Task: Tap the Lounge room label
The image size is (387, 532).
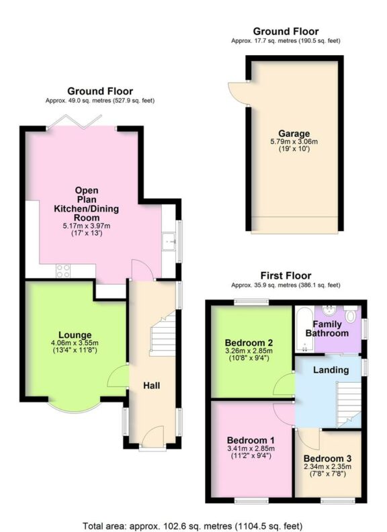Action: pyautogui.click(x=75, y=335)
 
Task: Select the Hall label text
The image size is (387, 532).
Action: pyautogui.click(x=151, y=385)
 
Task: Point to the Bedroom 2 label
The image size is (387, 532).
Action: pyautogui.click(x=251, y=339)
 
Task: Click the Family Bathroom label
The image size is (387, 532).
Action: pyautogui.click(x=327, y=328)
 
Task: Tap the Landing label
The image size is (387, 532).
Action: pyautogui.click(x=331, y=369)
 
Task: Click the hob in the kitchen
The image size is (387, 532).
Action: pyautogui.click(x=64, y=271)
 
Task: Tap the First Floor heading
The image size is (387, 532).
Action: pyautogui.click(x=286, y=275)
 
